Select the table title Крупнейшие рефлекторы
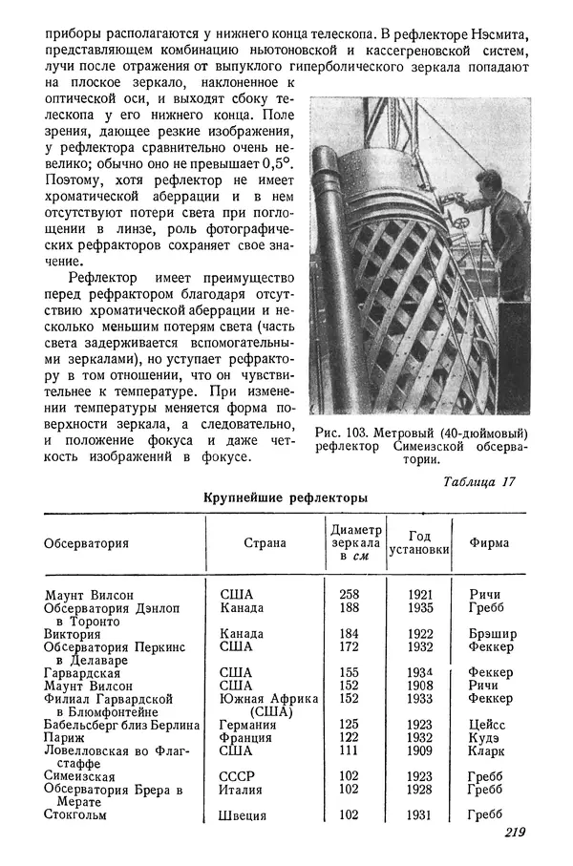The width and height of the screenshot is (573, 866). click(286, 496)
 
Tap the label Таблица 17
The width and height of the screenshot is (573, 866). click(479, 481)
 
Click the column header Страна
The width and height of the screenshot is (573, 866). click(265, 543)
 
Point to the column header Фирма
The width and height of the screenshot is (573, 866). click(489, 543)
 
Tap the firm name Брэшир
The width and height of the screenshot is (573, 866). click(492, 633)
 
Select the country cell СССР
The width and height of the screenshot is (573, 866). click(237, 776)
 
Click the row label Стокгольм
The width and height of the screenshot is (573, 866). click(75, 815)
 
